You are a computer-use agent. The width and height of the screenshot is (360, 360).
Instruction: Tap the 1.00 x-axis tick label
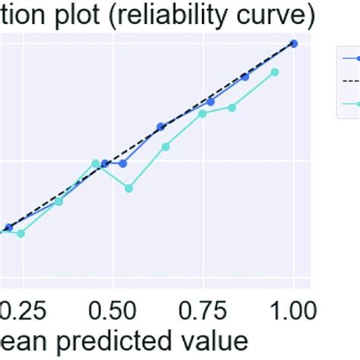pos(292,309)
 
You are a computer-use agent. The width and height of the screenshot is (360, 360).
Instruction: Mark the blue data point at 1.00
pos(294,43)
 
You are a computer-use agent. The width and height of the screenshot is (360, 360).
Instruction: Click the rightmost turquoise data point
pos(275,72)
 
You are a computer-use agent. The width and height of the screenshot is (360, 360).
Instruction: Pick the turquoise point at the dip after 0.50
pos(129,188)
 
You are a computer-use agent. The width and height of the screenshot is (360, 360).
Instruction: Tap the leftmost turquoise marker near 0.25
pos(21,233)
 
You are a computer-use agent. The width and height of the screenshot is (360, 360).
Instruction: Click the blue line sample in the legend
pos(350,57)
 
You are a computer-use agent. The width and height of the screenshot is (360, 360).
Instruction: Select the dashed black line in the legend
pos(350,80)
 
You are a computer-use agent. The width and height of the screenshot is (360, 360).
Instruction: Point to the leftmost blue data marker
pos(8,227)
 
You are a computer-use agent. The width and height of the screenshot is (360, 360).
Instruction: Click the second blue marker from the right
pos(245,77)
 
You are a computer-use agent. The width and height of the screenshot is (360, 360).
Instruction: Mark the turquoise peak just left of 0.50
pos(96,163)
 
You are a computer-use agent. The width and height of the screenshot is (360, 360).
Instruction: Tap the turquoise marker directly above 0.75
pos(202,113)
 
